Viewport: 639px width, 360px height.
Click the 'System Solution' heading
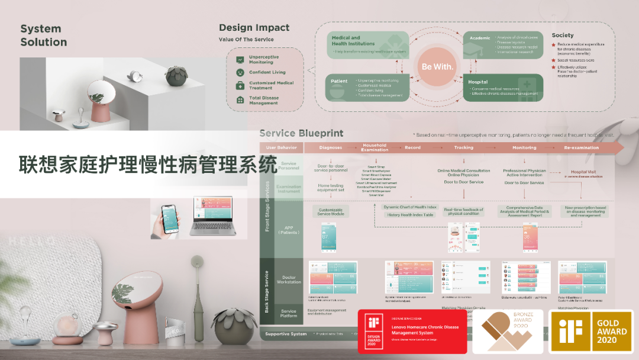click(44, 36)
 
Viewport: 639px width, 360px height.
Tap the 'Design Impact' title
click(254, 28)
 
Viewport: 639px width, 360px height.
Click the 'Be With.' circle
click(437, 66)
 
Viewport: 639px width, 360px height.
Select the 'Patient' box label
click(340, 81)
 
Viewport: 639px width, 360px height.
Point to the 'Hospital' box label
click(478, 82)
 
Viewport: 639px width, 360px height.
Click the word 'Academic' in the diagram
click(480, 38)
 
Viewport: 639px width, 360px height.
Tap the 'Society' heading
click(563, 36)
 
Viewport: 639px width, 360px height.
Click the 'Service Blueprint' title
click(301, 133)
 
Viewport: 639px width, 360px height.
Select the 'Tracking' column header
click(464, 147)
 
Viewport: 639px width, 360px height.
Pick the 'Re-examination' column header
click(582, 147)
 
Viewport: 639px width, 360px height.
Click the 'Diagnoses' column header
click(331, 147)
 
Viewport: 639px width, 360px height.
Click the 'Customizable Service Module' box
click(331, 211)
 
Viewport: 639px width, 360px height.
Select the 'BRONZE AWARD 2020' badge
click(507, 332)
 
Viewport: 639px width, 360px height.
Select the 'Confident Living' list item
click(267, 72)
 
